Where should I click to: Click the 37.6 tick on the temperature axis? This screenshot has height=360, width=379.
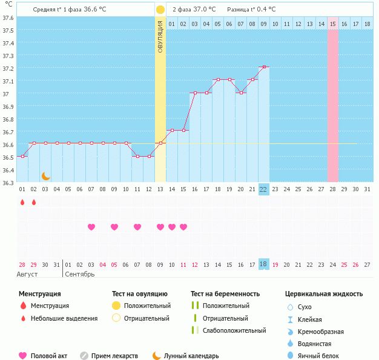[x=8, y=17]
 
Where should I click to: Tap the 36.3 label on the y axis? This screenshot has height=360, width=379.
[x=8, y=183]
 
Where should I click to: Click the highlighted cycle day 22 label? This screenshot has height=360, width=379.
[x=263, y=189]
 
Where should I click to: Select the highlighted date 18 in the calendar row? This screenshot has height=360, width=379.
[x=263, y=264]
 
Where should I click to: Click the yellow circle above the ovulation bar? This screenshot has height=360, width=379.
[x=160, y=10]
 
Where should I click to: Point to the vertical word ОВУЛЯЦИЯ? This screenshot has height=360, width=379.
[x=160, y=36]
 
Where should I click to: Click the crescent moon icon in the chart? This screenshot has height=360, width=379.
[x=45, y=176]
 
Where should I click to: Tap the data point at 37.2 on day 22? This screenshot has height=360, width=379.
[x=263, y=67]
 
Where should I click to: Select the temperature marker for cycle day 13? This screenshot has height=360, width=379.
[x=160, y=143]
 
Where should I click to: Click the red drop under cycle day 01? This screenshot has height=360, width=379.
[x=22, y=202]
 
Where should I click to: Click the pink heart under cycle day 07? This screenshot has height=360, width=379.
[x=91, y=227]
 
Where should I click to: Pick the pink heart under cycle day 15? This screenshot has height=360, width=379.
[x=183, y=227]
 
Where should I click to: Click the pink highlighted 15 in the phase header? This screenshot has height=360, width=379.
[x=333, y=24]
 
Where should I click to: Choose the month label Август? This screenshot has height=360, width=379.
[x=27, y=274]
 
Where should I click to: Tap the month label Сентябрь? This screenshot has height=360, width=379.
[x=79, y=274]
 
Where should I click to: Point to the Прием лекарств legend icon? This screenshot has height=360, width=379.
[x=84, y=356]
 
